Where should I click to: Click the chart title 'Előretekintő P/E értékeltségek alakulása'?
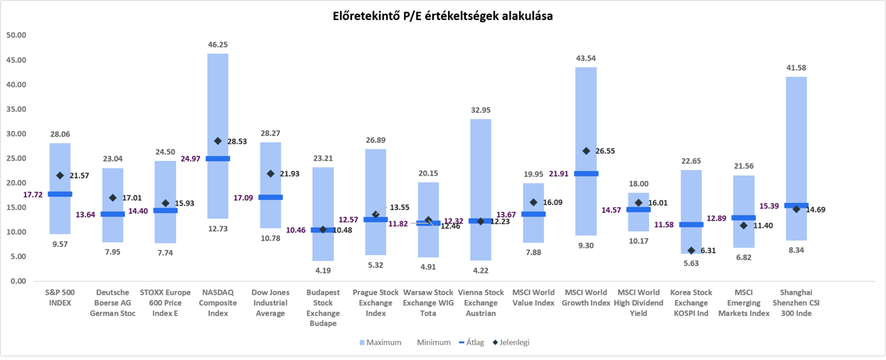click(x=442, y=16)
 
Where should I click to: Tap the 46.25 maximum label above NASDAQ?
click(x=218, y=45)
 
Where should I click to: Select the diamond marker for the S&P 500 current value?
click(x=60, y=175)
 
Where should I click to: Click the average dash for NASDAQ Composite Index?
click(x=218, y=159)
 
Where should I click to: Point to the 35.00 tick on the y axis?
click(x=16, y=109)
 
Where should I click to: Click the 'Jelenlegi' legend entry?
click(x=511, y=342)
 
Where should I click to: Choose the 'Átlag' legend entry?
click(x=471, y=342)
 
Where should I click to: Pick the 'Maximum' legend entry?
click(x=380, y=342)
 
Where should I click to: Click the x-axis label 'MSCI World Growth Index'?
click(x=586, y=297)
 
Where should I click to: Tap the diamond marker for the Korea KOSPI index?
click(x=691, y=250)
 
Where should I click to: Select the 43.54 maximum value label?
click(x=586, y=58)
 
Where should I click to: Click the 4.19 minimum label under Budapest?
click(x=323, y=270)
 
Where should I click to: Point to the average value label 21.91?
click(x=558, y=174)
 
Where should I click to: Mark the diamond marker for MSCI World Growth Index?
click(x=586, y=151)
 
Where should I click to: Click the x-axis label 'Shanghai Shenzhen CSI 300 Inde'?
click(x=796, y=302)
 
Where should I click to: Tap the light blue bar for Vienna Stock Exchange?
click(x=481, y=189)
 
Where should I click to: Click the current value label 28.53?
click(x=237, y=142)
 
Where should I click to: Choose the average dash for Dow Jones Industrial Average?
click(x=270, y=197)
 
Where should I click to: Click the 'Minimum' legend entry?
click(x=434, y=342)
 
